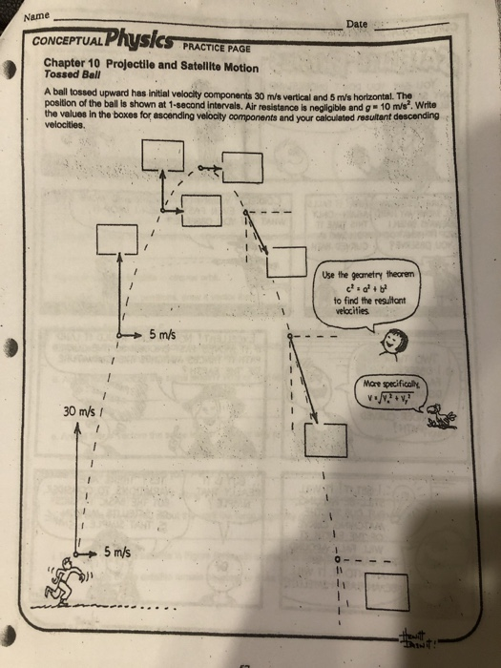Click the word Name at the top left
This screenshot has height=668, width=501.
[x=34, y=16]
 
